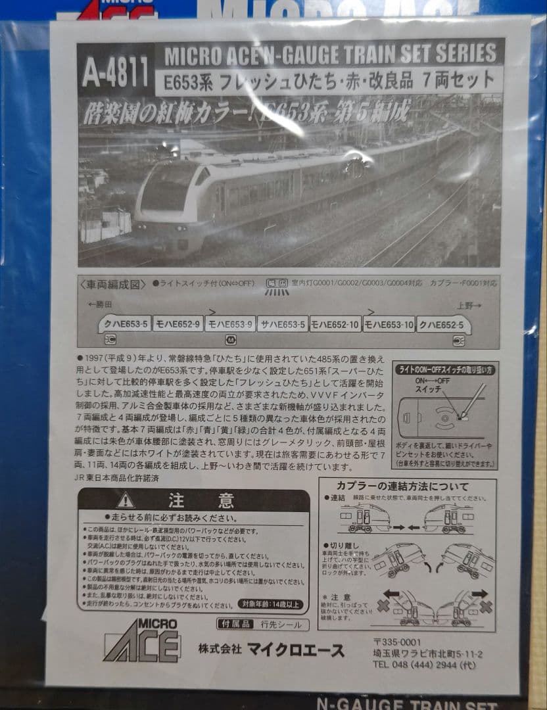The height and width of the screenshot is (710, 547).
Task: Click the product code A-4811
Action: coord(115,72)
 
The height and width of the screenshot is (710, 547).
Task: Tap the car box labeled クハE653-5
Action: coord(124,323)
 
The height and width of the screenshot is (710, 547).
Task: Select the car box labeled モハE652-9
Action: coord(178,323)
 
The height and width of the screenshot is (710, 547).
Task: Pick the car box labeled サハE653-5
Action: coord(282,323)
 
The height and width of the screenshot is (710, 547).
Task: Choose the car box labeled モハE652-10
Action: coord(335,323)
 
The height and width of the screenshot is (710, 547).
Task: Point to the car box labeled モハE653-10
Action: coord(389,323)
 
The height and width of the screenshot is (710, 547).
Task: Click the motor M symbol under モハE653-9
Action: coord(230,340)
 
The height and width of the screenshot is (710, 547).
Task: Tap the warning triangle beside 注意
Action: coord(126,500)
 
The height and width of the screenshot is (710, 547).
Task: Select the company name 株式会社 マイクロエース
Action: coord(271,650)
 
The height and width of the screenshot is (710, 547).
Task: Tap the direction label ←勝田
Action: coord(99,305)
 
